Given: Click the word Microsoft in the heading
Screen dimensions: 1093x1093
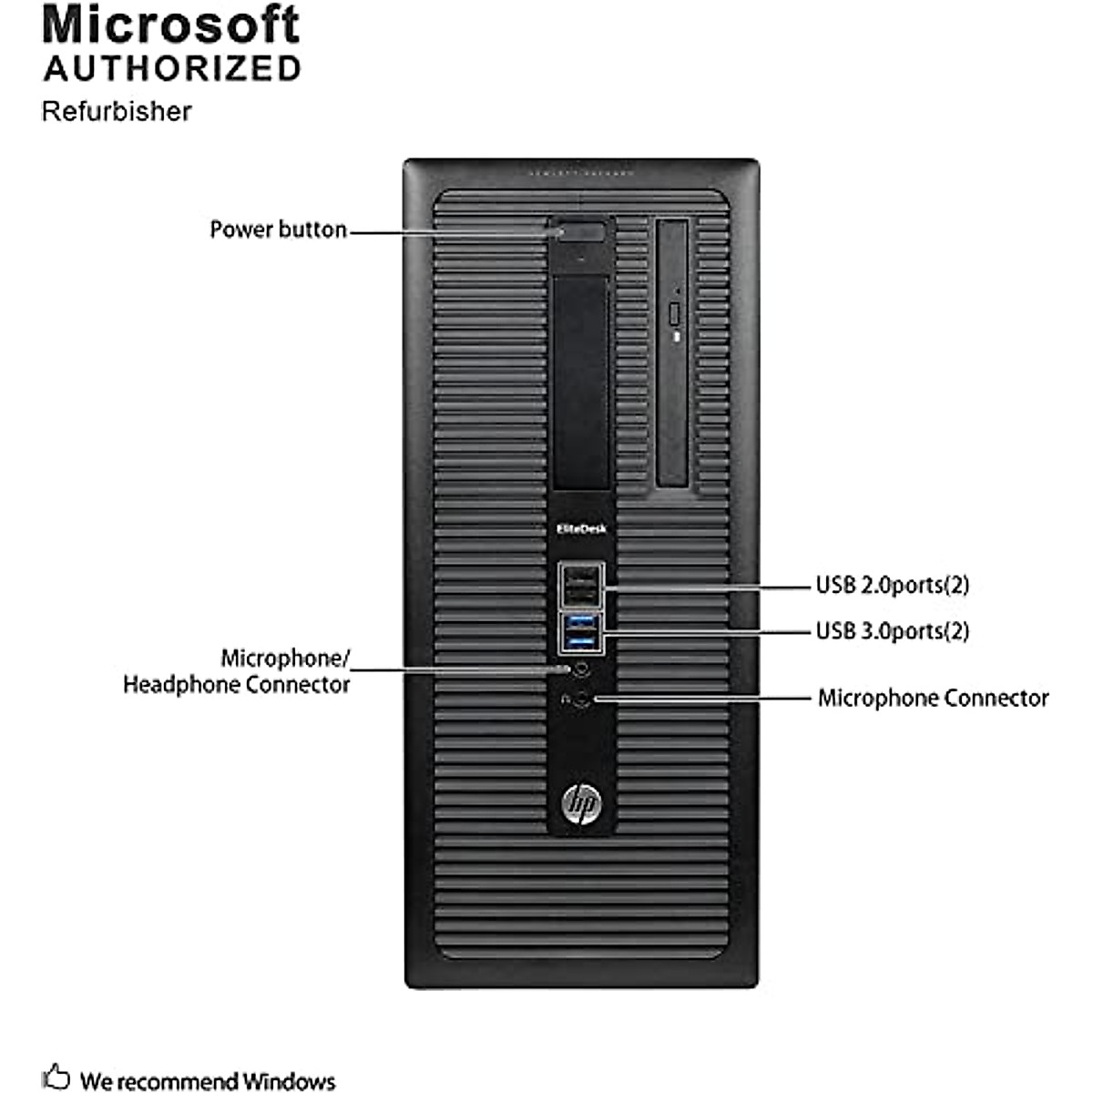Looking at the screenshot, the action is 170,26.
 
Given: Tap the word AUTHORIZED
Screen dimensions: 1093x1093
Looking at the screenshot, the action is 172,69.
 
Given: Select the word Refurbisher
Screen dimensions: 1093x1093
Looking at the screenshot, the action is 117,111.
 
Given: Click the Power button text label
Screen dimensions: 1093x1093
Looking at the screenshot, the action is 278,230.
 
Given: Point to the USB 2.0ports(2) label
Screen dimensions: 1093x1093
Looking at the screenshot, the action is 892,585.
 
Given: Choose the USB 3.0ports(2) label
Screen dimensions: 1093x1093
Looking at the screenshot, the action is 892,630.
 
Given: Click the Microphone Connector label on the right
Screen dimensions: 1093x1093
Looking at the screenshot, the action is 933,699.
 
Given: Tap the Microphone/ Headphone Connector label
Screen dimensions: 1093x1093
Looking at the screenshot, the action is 237,671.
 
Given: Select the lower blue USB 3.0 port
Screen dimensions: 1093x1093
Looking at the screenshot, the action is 580,643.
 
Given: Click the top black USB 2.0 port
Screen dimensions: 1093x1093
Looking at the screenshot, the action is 580,575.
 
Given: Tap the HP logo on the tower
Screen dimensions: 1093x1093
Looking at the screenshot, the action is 580,803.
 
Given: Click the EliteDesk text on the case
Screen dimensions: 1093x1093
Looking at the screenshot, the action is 581,528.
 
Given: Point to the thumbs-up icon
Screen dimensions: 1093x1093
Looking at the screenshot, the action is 56,1076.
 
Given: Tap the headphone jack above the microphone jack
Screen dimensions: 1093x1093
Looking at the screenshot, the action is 581,668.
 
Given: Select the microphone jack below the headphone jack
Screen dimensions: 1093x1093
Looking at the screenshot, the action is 584,700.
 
